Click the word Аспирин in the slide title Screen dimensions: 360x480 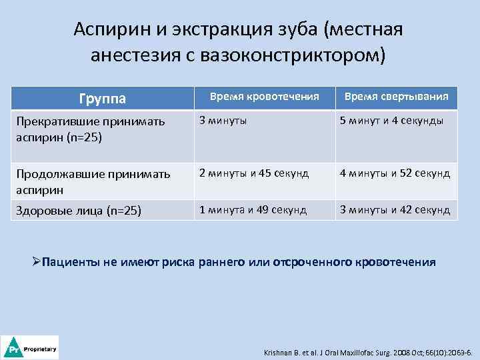tap(109, 30)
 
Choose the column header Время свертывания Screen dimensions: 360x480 tap(396, 97)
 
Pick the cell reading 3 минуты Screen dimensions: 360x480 tap(221, 121)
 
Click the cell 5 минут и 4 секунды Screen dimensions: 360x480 tap(392, 121)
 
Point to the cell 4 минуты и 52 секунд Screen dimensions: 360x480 tap(395, 174)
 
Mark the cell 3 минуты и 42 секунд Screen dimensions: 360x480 tap(395, 210)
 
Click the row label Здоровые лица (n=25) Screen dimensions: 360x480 tap(79, 211)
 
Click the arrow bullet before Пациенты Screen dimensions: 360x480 tap(37, 261)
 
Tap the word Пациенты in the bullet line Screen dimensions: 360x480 tap(71, 262)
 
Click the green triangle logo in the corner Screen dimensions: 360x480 tap(12, 348)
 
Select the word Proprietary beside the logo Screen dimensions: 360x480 tap(40, 349)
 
